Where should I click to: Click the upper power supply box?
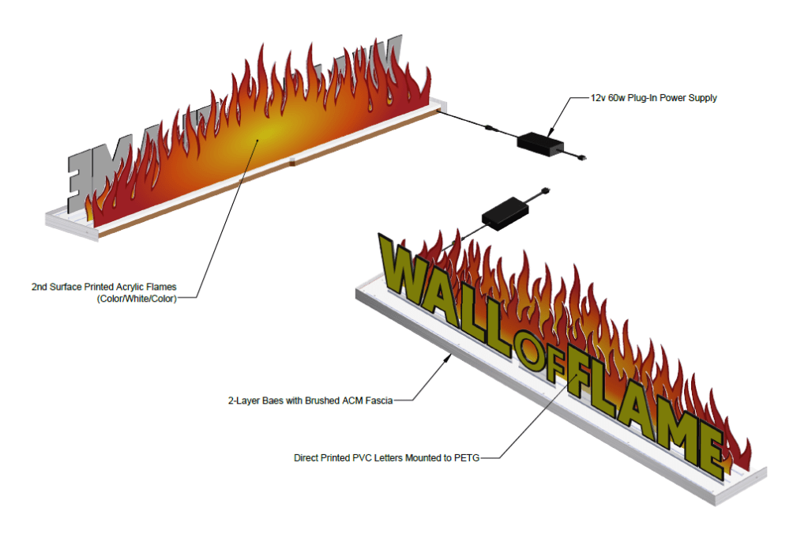[540, 143]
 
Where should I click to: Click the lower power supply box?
[504, 214]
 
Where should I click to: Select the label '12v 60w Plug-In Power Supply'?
[654, 98]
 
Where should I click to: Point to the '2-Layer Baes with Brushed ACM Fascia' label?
[309, 401]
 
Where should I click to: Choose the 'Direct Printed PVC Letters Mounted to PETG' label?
[385, 457]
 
